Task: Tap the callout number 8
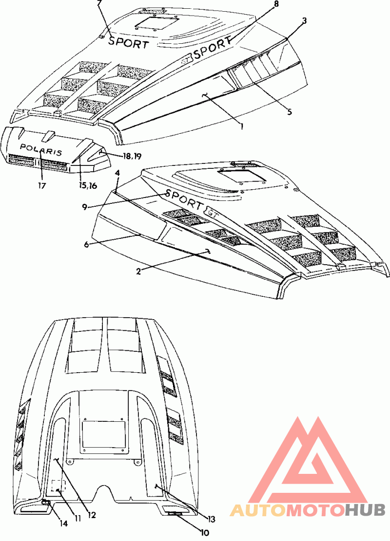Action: [x=275, y=4]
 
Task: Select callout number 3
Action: [x=304, y=20]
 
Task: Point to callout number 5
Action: [x=290, y=112]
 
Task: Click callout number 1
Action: [x=242, y=126]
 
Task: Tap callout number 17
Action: [x=42, y=186]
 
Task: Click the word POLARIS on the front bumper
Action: [x=41, y=149]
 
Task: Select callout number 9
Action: [x=85, y=207]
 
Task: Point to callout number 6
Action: [x=87, y=244]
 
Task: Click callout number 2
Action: [x=138, y=271]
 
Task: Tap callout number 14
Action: [x=63, y=523]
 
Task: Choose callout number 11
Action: [x=78, y=518]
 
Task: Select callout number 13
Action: [x=211, y=519]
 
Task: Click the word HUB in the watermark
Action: [x=366, y=510]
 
